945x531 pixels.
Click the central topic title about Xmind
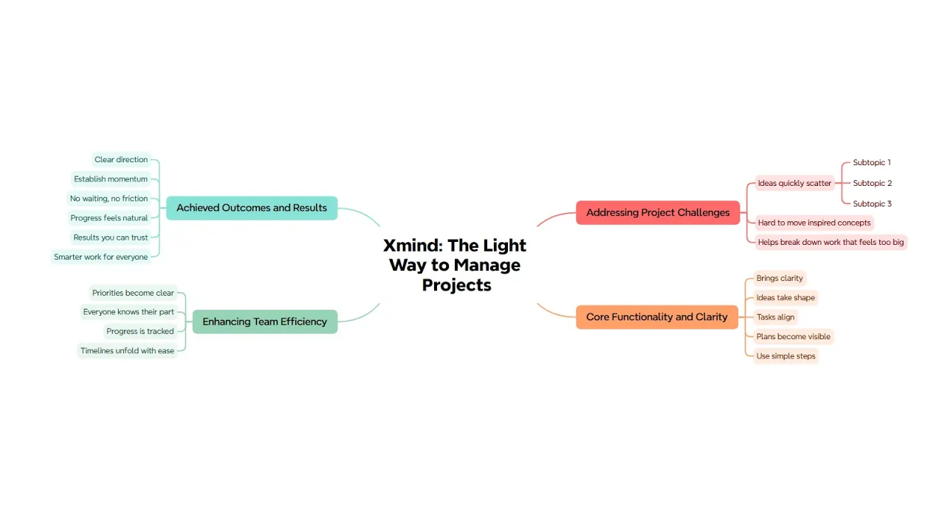[x=455, y=265]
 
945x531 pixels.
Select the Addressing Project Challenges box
[x=658, y=212]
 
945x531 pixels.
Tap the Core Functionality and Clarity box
[x=656, y=317]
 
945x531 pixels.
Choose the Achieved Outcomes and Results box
[x=251, y=208]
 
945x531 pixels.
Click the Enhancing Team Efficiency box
[x=264, y=322]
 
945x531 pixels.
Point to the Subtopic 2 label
[x=872, y=183]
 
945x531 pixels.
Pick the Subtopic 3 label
[x=872, y=204]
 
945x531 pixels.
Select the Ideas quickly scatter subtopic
[x=794, y=183]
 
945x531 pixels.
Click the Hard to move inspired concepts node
[x=814, y=223]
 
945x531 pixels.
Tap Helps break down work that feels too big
[x=831, y=242]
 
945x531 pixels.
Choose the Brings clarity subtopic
[x=779, y=278]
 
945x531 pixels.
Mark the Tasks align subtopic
[x=775, y=317]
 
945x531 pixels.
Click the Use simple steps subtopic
[x=786, y=356]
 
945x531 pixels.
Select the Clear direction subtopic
[x=121, y=159]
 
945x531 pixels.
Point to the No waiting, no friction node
[x=109, y=198]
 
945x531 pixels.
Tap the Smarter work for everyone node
[x=101, y=257]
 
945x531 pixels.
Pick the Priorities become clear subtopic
[x=133, y=293]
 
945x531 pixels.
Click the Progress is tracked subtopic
[x=140, y=331]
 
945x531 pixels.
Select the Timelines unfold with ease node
[x=127, y=351]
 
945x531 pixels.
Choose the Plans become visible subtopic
[x=793, y=336]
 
